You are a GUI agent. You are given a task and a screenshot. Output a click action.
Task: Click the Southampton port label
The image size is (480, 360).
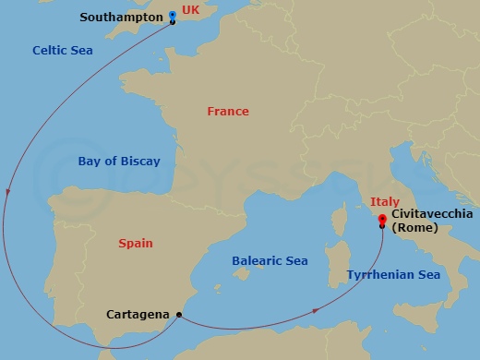click(120, 17)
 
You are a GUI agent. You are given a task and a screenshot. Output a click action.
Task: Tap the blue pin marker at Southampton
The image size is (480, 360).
click(173, 16)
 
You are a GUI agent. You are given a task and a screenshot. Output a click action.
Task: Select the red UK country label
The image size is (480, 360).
click(190, 10)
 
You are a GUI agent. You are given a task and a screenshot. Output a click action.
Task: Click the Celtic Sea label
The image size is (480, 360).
click(62, 51)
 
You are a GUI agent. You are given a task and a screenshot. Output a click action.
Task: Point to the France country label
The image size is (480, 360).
click(228, 111)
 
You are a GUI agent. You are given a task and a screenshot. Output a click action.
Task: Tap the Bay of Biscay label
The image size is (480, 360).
click(119, 162)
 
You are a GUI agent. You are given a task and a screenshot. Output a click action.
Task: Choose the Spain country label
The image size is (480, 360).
click(136, 244)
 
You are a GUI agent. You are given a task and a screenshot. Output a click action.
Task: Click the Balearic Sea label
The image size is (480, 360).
click(269, 261)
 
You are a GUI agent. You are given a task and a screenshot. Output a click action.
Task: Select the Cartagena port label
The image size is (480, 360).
click(138, 314)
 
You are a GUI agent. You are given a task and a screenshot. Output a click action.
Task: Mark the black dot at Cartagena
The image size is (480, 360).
click(178, 314)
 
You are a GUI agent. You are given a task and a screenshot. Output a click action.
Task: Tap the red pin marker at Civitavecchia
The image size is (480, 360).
click(381, 219)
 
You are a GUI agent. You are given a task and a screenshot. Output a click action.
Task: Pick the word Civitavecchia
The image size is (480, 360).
click(433, 213)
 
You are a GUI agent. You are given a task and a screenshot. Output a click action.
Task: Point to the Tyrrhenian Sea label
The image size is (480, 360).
click(393, 275)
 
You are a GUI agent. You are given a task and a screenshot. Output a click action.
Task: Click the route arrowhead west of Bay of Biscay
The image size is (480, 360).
click(8, 193)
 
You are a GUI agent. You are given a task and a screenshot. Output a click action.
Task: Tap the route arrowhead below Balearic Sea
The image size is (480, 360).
click(316, 311)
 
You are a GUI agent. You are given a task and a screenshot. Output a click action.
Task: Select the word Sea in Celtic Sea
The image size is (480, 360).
click(80, 51)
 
